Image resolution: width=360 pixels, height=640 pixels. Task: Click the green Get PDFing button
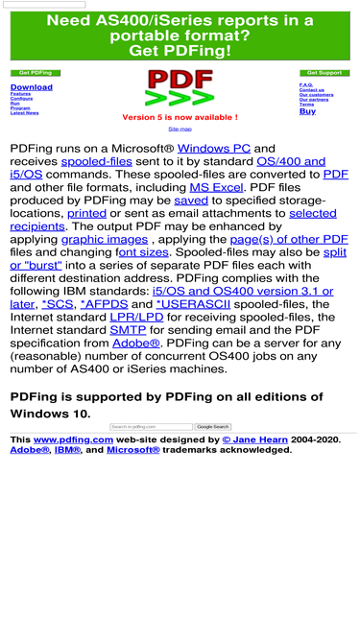point(35,73)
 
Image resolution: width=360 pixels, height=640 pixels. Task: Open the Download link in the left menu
point(31,87)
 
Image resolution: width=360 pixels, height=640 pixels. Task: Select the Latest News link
point(24,113)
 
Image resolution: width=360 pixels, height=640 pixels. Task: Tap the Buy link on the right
point(307,111)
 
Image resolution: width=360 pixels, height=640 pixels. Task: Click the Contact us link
point(311,90)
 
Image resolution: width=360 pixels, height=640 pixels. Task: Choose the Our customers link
point(316,95)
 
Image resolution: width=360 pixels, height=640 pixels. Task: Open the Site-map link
point(180,129)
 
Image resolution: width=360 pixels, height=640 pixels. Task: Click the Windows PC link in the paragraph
point(213,149)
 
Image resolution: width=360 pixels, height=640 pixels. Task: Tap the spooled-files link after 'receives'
point(96,162)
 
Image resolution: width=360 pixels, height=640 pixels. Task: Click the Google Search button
point(212,426)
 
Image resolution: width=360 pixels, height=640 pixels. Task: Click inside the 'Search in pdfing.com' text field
point(151,426)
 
